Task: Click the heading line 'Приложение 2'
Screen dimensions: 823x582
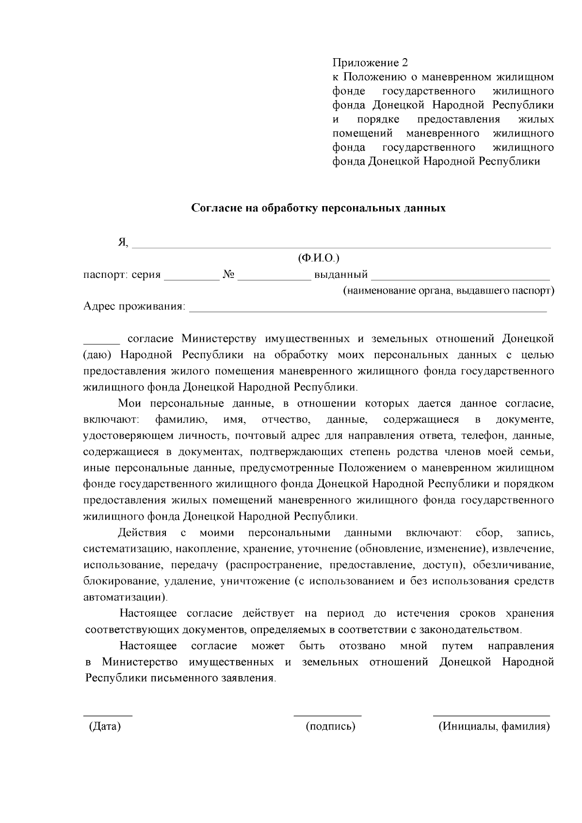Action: (370, 63)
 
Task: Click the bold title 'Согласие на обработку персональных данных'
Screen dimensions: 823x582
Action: (318, 208)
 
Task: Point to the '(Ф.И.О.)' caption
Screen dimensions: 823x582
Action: (319, 259)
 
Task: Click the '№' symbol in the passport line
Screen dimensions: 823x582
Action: (229, 275)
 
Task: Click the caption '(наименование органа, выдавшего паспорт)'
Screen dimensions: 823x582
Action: (448, 291)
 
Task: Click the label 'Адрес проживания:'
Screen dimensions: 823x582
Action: (134, 307)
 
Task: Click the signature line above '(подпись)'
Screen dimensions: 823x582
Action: (327, 715)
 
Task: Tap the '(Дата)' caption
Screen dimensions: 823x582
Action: (104, 726)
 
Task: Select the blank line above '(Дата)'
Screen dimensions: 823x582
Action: (108, 715)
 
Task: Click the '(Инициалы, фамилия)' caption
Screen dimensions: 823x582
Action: (494, 726)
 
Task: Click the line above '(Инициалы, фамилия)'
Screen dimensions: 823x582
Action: (491, 715)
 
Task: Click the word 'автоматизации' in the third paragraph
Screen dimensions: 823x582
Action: (124, 597)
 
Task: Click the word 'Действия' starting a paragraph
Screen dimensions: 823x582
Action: (143, 533)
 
